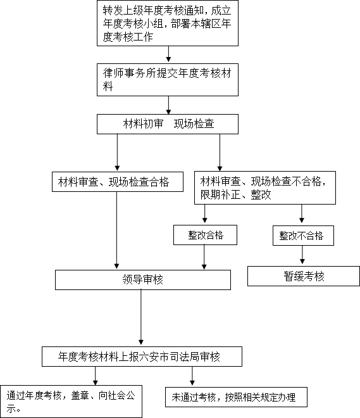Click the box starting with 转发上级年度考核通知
(168, 23)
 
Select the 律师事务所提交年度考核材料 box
(168, 80)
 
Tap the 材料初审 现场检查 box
(168, 124)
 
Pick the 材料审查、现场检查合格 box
(118, 182)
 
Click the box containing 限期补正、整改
(265, 188)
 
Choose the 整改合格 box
(205, 235)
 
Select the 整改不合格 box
(303, 236)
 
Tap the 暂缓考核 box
(304, 276)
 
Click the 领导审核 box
(143, 280)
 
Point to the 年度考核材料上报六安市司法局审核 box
(142, 357)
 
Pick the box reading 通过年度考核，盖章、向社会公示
(71, 402)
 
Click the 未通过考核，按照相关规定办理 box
(236, 397)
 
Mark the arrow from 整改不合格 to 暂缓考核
(302, 255)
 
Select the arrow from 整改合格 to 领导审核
(204, 257)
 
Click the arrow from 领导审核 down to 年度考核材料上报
(141, 317)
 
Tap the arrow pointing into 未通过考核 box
(192, 376)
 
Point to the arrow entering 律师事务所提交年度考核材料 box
(168, 54)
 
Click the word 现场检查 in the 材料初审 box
(194, 124)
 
